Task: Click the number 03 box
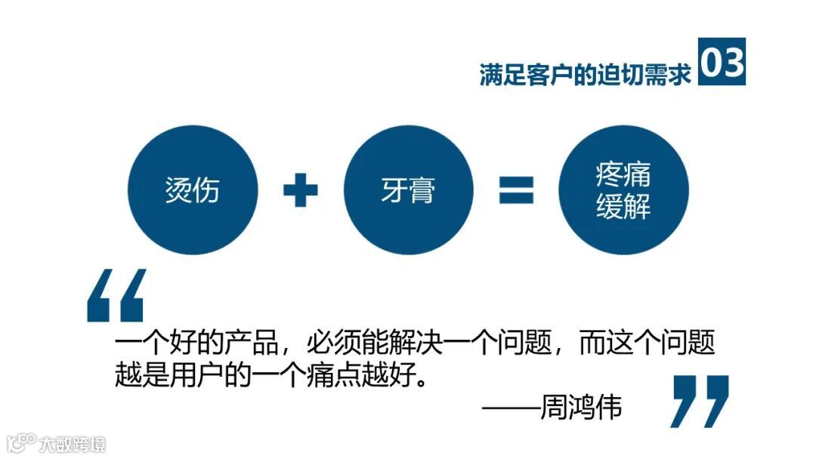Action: coord(722,61)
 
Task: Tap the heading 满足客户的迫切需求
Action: coord(586,75)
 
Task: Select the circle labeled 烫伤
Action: coord(193,189)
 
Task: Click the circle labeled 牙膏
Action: coord(408,189)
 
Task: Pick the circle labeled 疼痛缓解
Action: coord(623,189)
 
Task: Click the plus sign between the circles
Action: coord(300,189)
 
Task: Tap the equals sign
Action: coord(516,189)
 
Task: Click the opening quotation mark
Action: coord(115,296)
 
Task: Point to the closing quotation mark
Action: coord(700,401)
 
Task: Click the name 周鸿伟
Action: coord(581,408)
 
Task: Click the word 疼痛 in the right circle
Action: coord(623,176)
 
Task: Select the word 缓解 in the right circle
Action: coord(623,206)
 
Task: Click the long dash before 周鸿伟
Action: coord(511,408)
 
